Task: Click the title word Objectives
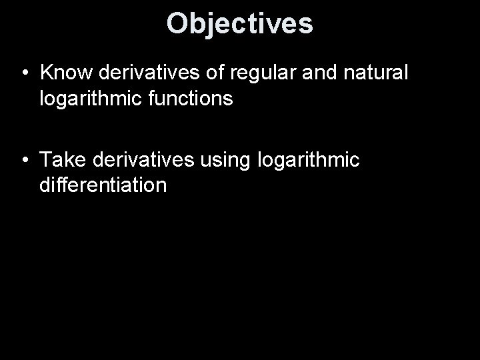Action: [239, 23]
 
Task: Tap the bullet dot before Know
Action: [23, 71]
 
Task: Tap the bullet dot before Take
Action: [23, 160]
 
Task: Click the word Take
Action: [63, 159]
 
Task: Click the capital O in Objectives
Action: [177, 23]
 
